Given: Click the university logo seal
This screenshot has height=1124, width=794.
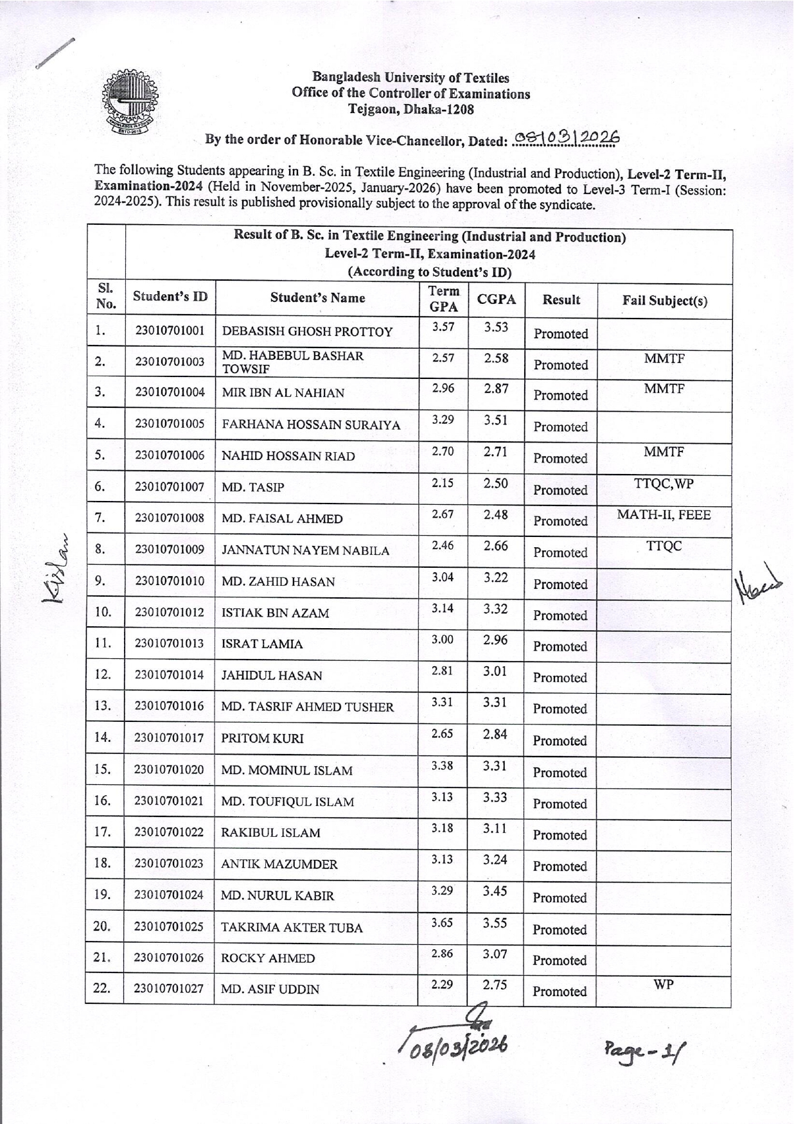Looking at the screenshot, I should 129,102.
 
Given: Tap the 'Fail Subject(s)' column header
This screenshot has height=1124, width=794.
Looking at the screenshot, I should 664,301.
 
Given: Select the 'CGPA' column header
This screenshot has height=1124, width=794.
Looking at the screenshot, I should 496,299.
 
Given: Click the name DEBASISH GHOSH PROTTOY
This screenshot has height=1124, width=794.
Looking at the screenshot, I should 307,331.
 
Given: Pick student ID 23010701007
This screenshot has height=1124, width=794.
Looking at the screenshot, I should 170,487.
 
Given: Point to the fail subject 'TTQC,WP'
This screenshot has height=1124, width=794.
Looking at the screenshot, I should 664,484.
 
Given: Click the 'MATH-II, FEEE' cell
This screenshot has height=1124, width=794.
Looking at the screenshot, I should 664,514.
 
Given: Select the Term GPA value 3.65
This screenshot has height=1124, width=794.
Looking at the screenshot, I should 442,922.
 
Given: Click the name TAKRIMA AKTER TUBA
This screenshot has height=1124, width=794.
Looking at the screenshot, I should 292,927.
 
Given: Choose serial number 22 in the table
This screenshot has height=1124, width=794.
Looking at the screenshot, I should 102,988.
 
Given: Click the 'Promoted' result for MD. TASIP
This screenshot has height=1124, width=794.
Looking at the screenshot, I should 560,490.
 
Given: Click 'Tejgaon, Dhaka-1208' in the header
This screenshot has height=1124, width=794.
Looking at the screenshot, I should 411,109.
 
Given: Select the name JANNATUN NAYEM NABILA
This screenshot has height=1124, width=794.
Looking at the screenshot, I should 305,550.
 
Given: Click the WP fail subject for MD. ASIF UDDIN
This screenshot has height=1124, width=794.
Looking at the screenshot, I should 663,984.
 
